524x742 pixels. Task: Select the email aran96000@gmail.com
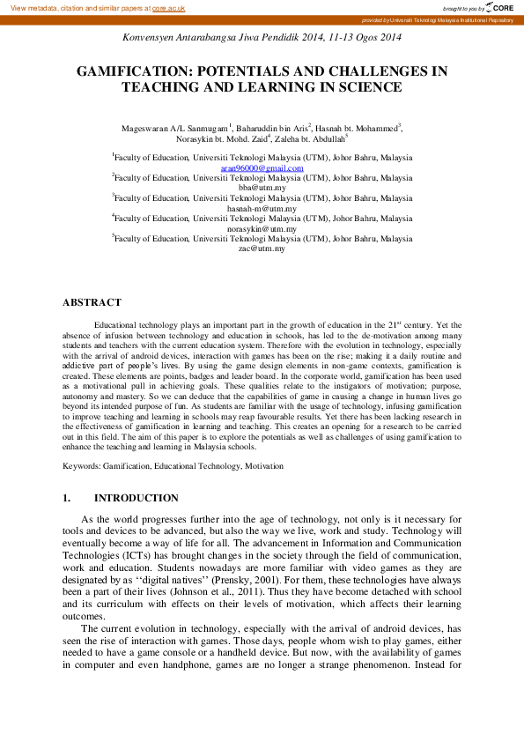(x=262, y=167)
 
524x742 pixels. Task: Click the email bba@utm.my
(x=262, y=188)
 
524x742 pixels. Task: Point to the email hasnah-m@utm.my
(x=262, y=209)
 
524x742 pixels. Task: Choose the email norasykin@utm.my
(x=262, y=228)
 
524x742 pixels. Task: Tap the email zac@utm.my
(x=262, y=249)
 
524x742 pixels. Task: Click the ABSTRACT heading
(x=91, y=302)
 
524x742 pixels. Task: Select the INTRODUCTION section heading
(x=136, y=498)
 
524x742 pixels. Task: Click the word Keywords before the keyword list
(x=80, y=464)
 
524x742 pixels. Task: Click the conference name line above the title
(x=262, y=37)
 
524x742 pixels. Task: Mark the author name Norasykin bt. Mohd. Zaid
(x=214, y=139)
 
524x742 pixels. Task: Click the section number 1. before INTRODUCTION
(x=67, y=498)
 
